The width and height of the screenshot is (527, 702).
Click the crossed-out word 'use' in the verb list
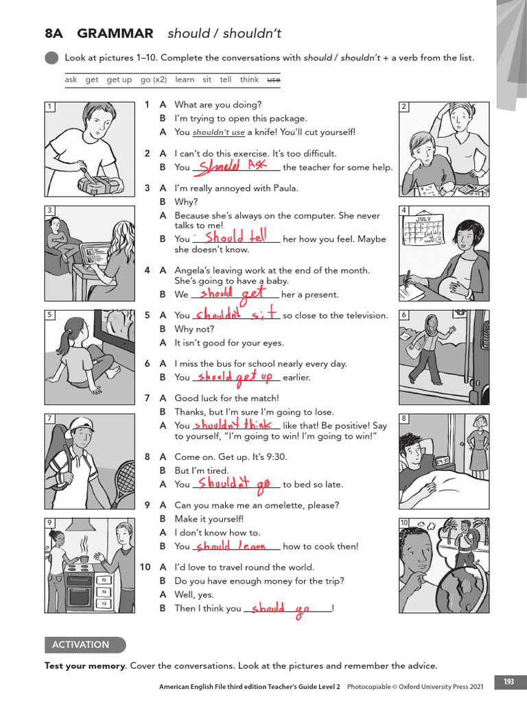(274, 80)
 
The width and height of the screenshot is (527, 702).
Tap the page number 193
(508, 681)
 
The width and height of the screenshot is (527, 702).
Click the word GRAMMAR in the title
(115, 34)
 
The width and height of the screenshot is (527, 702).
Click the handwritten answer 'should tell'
(235, 237)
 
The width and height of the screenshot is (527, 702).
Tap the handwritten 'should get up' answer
(235, 377)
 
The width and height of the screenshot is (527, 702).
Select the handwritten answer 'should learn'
(231, 546)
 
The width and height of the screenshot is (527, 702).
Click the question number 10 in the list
(145, 567)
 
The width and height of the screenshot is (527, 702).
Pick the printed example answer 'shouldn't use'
(218, 132)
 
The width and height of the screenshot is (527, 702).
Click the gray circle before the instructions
(51, 58)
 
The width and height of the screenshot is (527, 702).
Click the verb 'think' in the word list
(249, 80)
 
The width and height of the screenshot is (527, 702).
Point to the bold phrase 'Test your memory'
(85, 666)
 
